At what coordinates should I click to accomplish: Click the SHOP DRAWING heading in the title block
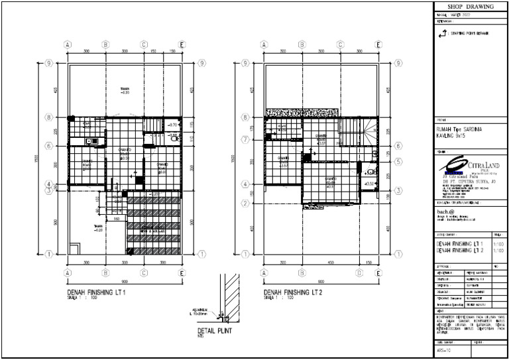pyautogui.click(x=468, y=6)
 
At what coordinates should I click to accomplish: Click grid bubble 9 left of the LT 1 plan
pyautogui.click(x=49, y=64)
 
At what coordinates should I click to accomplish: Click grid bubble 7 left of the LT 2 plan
pyautogui.click(x=245, y=140)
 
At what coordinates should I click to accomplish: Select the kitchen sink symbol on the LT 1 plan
pyautogui.click(x=91, y=141)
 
